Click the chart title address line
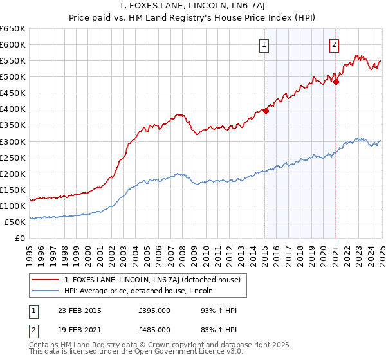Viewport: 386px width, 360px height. tap(193, 6)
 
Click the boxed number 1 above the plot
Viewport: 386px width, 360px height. tap(265, 44)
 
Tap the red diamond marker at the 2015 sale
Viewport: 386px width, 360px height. tap(266, 110)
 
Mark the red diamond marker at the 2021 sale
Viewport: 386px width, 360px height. tap(336, 81)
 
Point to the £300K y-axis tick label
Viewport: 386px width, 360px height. tap(13, 141)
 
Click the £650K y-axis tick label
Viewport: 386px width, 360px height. tap(13, 29)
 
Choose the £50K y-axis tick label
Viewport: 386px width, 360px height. tap(15, 222)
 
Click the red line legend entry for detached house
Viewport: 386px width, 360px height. tap(152, 280)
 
